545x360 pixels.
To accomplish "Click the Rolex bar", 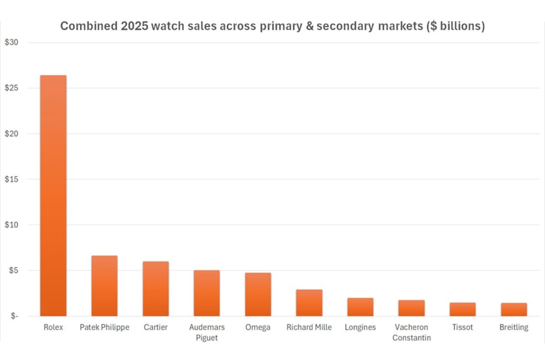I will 53,195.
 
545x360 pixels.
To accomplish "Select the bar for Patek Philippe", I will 104,286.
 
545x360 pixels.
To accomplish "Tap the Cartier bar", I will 156,289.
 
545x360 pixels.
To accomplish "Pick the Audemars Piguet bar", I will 207,293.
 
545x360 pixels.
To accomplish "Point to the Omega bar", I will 258,294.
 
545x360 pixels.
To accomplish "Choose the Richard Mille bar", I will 309,303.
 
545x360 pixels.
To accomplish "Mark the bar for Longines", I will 360,307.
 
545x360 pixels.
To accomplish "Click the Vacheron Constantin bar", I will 411,308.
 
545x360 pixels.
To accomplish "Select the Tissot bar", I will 463,309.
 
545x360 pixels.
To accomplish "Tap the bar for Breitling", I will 514,309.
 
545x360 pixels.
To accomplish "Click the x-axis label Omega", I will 258,327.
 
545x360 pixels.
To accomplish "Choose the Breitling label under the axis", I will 514,327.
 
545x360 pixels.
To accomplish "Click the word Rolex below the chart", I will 53,327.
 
